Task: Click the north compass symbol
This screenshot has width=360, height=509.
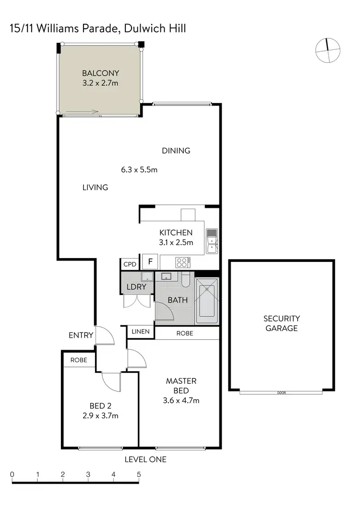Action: [328, 50]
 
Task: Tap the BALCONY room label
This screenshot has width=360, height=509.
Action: [100, 73]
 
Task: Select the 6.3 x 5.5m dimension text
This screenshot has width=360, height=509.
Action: [139, 169]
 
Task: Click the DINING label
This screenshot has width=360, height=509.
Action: [176, 151]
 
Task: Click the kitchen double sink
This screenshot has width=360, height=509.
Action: [212, 241]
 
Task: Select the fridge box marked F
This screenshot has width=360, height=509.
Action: [150, 262]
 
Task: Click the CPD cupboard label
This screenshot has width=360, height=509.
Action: [130, 264]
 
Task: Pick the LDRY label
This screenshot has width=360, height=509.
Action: [136, 287]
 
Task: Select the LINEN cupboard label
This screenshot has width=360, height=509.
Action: [140, 332]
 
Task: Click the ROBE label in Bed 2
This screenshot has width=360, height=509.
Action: [79, 360]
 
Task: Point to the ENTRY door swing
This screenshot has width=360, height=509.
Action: [105, 336]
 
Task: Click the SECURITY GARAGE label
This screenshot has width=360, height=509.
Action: [281, 323]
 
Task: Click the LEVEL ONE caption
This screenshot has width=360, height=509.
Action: [145, 459]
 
